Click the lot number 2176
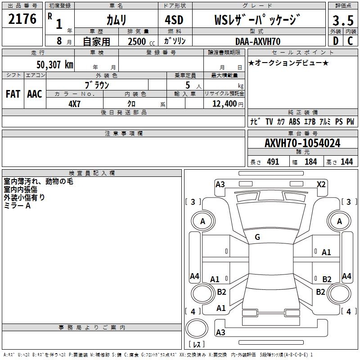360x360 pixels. (22, 19)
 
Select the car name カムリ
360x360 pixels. (116, 20)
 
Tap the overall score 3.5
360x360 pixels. (342, 21)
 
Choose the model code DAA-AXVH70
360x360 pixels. (258, 41)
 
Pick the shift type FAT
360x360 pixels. (13, 94)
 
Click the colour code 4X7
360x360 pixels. (74, 103)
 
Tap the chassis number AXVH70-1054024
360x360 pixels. (302, 144)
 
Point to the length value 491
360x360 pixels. (273, 162)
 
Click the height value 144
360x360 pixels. (346, 162)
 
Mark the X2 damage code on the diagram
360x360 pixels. (321, 184)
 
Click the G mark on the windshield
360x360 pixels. (257, 237)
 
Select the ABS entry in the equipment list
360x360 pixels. (294, 121)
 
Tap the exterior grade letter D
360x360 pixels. (335, 41)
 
